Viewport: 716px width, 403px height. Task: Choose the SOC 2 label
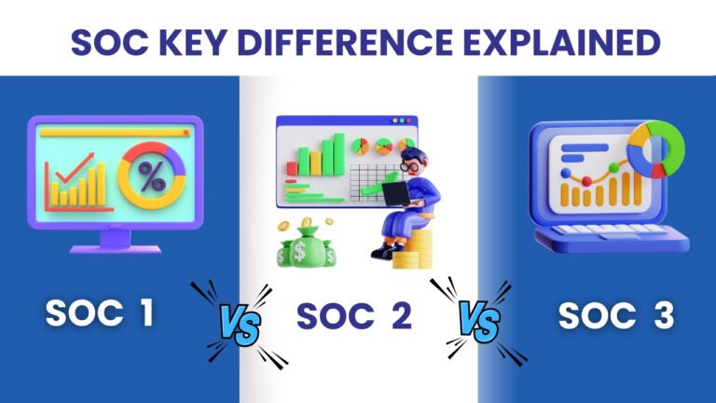tap(354, 316)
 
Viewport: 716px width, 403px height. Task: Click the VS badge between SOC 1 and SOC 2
tap(238, 321)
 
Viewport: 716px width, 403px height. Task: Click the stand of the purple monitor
tap(115, 240)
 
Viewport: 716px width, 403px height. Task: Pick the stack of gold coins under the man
tap(410, 250)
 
